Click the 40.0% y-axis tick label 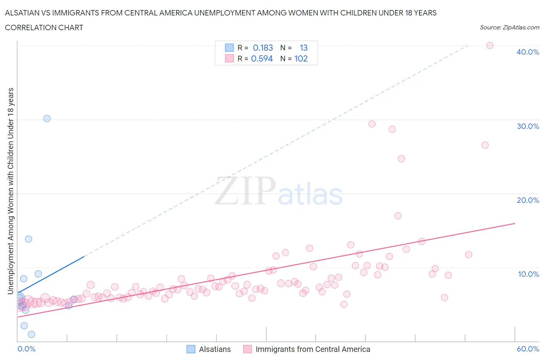[x=527, y=52]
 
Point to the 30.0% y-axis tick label [x=527, y=126]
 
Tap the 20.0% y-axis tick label [x=527, y=200]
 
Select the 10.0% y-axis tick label [x=528, y=274]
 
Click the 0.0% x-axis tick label [x=26, y=349]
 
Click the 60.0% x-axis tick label [x=527, y=349]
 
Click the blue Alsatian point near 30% [x=47, y=118]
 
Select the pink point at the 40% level [x=489, y=45]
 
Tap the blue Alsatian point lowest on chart [x=31, y=334]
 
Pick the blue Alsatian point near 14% [x=28, y=239]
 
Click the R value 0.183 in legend [x=263, y=48]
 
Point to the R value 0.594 [x=262, y=58]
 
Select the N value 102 [x=301, y=58]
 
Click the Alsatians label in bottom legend [x=215, y=349]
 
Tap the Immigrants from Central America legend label [x=313, y=349]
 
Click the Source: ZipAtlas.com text [x=509, y=27]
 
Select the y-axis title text [x=10, y=191]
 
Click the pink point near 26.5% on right [x=485, y=145]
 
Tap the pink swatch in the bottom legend [x=247, y=349]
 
